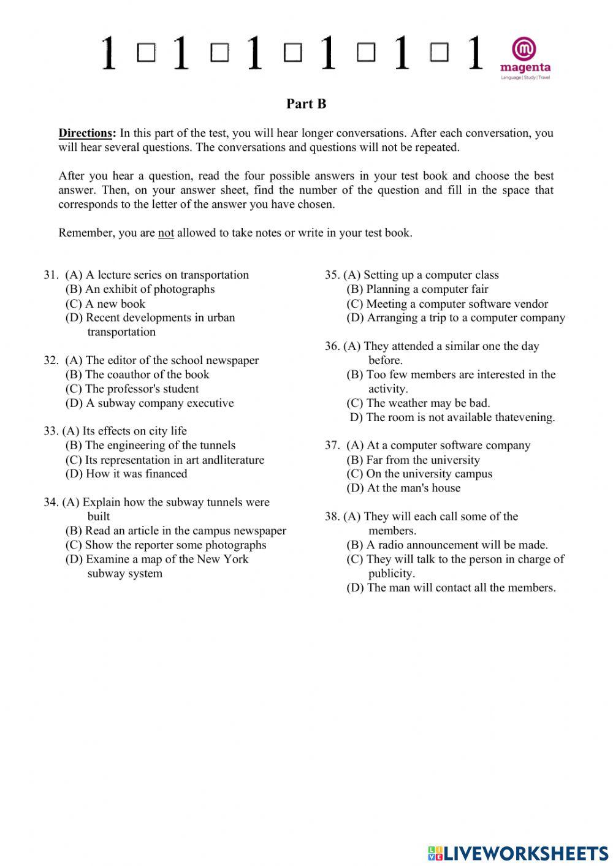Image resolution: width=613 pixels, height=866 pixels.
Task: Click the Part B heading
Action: tap(306, 104)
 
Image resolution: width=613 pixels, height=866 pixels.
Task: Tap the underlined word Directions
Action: tap(86, 133)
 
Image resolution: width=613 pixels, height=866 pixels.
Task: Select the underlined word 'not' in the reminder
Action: tap(166, 233)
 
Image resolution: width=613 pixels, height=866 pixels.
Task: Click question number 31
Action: tap(51, 275)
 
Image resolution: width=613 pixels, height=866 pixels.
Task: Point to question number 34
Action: tap(51, 503)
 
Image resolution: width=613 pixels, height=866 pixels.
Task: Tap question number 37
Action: tap(332, 446)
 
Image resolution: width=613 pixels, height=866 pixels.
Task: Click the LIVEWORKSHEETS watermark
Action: tap(517, 853)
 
